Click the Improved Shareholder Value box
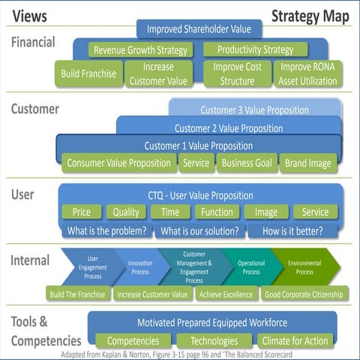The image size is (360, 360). (199, 29)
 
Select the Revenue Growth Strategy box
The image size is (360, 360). (139, 50)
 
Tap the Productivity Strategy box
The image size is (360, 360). (255, 50)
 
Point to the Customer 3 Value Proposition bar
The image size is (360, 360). (254, 110)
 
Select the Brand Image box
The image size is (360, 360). (308, 163)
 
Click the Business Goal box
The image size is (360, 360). (247, 163)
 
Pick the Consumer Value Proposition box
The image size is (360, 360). (118, 163)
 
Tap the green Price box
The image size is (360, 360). (81, 212)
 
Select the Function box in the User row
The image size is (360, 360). (217, 212)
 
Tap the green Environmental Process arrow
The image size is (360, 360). (304, 268)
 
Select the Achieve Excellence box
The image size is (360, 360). (226, 294)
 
